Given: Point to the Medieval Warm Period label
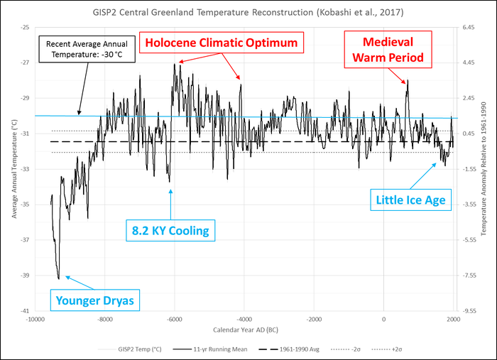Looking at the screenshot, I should [393, 48].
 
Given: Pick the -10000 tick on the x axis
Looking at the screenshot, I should [35, 320].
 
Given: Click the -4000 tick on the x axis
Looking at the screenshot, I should [244, 320].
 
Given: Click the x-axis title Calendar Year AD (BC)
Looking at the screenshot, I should [244, 330].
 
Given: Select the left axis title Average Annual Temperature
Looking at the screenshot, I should [13, 169].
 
